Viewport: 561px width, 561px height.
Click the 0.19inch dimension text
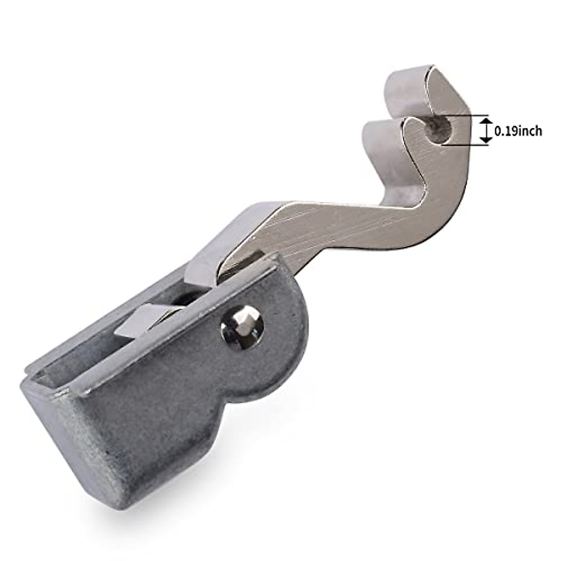[x=518, y=131]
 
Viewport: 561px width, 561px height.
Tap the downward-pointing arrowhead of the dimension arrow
[x=485, y=140]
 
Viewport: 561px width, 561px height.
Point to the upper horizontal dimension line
[x=466, y=115]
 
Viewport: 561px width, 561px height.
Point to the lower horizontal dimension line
[x=466, y=144]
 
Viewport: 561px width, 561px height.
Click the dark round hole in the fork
[x=440, y=129]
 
